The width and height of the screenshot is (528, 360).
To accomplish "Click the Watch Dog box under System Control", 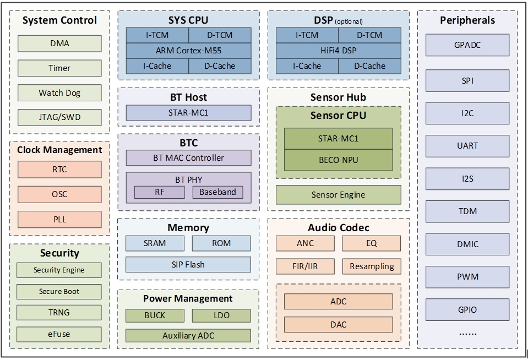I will coord(59,92).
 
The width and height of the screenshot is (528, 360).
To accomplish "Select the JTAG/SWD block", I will coord(59,117).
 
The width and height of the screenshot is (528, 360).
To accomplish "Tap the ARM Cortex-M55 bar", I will coord(188,51).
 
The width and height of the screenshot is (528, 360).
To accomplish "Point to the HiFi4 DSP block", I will coord(338,51).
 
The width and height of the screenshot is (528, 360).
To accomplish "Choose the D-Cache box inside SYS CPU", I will coord(220,66).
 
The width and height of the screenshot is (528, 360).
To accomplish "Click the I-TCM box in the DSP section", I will coord(307,35).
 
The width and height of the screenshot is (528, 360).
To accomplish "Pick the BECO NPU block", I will coord(338,160).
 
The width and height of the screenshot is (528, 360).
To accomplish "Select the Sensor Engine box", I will coord(338,194).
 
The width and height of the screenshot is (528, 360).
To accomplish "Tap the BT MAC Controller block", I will coord(188,158).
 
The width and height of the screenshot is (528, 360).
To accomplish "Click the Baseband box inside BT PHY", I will coord(217,192).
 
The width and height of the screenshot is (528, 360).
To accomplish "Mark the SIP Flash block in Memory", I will coord(188,264).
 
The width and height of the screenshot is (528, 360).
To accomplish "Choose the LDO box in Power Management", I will coord(221,315).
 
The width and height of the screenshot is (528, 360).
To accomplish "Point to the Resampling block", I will coord(372,266).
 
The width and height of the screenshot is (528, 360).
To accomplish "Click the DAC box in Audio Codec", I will coord(338,324).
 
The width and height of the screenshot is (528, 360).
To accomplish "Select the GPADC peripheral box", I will coord(467,45).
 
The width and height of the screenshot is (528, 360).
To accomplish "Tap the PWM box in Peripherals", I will coord(467,276).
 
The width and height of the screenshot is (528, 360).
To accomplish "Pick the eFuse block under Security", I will coord(59,334).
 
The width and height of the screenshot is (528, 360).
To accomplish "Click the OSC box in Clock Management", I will coord(59,194).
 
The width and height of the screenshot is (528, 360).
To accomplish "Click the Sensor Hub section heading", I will coord(338,97).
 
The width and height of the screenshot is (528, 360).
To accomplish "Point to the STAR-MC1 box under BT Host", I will coord(188,113).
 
